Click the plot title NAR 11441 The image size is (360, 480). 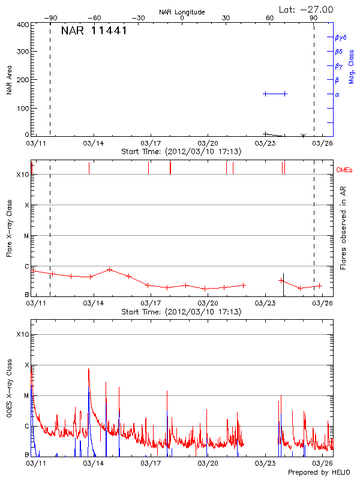[x=94, y=31]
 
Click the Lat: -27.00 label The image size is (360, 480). [x=307, y=10]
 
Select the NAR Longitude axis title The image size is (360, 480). [x=182, y=12]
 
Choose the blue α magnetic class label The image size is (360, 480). [x=337, y=94]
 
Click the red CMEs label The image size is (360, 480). [x=345, y=170]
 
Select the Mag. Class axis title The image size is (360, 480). [x=352, y=66]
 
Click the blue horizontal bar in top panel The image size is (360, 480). [x=275, y=94]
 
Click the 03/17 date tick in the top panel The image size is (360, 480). [x=149, y=143]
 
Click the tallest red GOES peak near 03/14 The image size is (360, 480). [x=88, y=369]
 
